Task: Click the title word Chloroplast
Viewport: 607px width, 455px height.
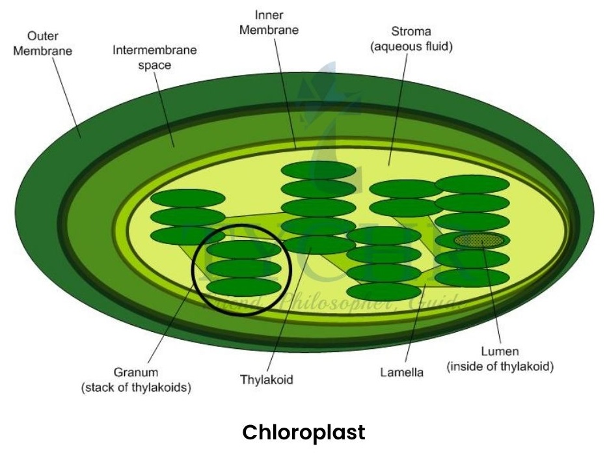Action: click(304, 432)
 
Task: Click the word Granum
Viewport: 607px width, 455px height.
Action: click(136, 373)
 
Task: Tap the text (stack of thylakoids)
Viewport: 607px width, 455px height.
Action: click(136, 389)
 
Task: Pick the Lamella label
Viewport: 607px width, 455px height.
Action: click(401, 372)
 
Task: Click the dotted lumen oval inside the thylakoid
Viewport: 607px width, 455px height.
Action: click(479, 241)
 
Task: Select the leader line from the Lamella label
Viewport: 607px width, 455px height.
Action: click(415, 325)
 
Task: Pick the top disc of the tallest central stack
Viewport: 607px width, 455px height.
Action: click(319, 171)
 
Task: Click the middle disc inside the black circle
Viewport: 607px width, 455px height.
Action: click(244, 268)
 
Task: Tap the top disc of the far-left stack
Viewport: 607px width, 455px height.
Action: click(187, 199)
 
